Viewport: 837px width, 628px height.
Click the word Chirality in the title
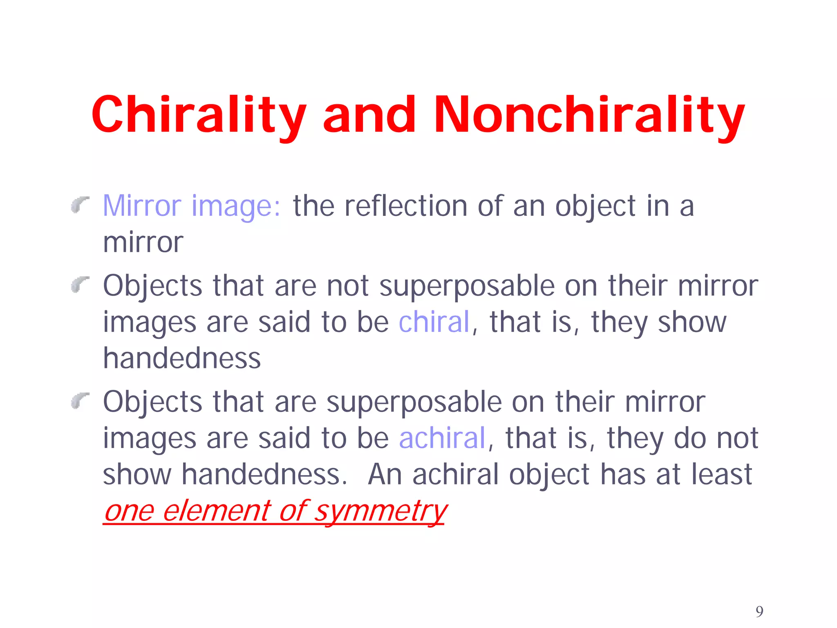(199, 114)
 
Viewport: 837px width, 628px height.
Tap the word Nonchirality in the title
(589, 114)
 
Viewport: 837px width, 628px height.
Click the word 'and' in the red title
(369, 114)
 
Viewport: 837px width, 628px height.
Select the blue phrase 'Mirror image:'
(192, 206)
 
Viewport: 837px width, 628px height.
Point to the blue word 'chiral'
(434, 322)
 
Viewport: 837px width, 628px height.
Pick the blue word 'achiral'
(442, 438)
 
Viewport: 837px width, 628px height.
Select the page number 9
(759, 611)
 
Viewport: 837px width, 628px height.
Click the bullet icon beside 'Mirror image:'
(80, 204)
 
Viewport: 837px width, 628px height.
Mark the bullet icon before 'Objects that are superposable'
(80, 400)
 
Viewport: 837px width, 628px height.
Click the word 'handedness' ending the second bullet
(182, 358)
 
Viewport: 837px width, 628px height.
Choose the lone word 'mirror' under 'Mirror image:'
(143, 242)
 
